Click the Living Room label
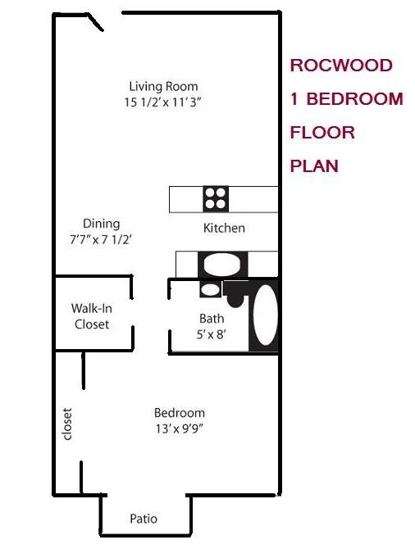click(x=163, y=86)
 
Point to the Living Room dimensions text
click(x=163, y=103)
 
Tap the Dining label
click(x=101, y=223)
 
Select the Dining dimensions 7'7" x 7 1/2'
click(x=101, y=240)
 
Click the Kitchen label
click(x=224, y=228)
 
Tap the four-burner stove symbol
click(x=216, y=198)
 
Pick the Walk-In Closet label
click(x=91, y=315)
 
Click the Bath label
click(x=212, y=318)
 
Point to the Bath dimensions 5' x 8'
click(x=212, y=334)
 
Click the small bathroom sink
click(x=210, y=289)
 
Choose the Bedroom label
click(x=180, y=413)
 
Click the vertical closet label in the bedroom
click(x=68, y=424)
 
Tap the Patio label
click(x=144, y=519)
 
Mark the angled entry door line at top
click(x=94, y=20)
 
